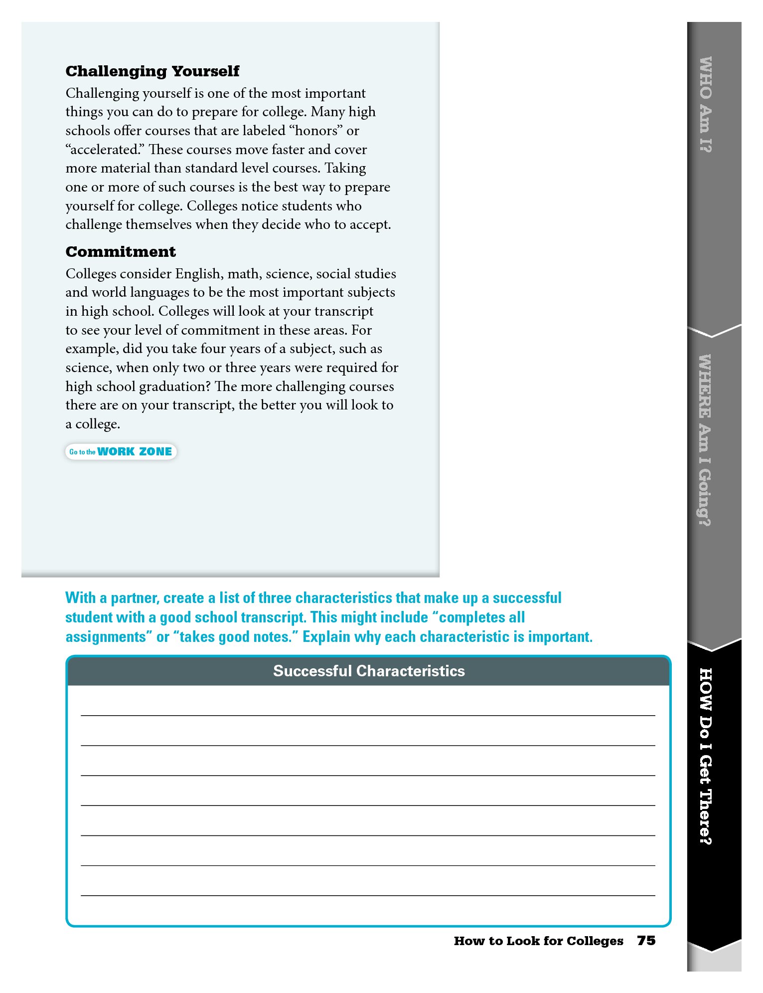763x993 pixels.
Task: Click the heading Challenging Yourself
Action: [x=152, y=71]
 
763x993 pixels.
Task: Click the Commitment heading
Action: [x=121, y=252]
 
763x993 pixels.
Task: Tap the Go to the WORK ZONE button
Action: [x=121, y=452]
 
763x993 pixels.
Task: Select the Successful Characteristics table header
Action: [x=369, y=671]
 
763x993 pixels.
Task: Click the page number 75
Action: [x=646, y=941]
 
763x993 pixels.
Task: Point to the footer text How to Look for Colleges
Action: [x=538, y=941]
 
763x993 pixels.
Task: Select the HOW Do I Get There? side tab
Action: [x=705, y=756]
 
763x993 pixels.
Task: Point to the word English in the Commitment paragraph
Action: [x=198, y=274]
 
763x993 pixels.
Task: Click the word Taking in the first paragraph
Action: [x=345, y=169]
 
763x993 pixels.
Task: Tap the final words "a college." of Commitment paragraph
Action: [x=93, y=424]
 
